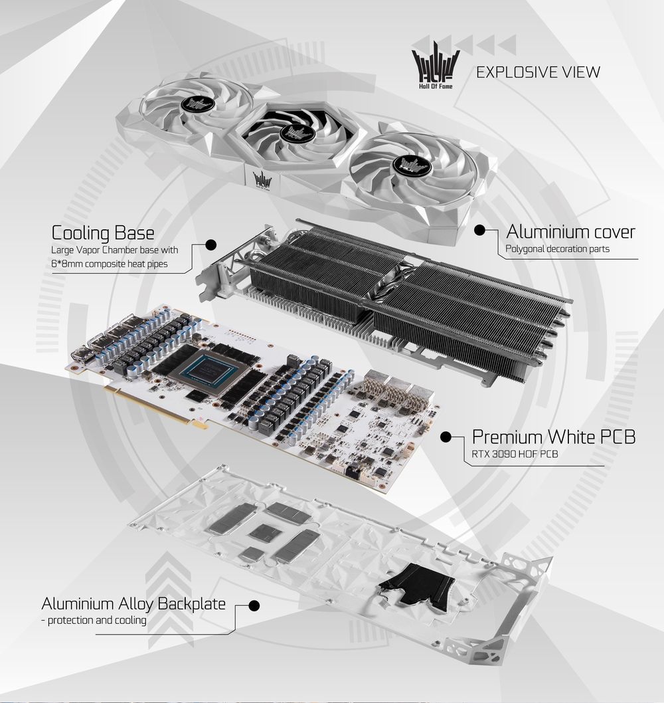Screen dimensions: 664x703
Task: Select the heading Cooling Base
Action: click(103, 233)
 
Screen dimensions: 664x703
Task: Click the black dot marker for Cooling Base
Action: click(210, 245)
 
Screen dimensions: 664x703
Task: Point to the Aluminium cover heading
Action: click(570, 232)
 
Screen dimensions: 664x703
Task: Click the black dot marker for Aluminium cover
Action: click(479, 230)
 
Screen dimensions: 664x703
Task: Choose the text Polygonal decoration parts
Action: click(557, 249)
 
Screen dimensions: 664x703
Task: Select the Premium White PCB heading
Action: click(554, 437)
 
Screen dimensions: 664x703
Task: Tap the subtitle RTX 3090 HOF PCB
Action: click(515, 454)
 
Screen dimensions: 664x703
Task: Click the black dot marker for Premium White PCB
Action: click(446, 437)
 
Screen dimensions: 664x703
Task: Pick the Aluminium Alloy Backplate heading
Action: click(133, 603)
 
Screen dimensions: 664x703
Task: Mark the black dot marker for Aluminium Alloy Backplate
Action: click(254, 606)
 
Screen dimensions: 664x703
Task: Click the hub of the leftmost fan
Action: click(197, 105)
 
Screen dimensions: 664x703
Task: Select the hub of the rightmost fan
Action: click(411, 165)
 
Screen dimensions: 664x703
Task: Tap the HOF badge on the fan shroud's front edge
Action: click(262, 181)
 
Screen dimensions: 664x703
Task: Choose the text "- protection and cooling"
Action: click(94, 621)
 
